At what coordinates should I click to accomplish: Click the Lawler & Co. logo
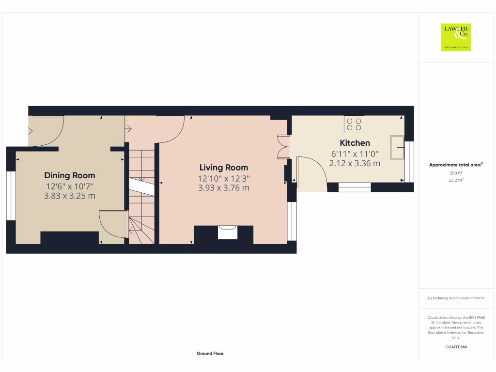456,37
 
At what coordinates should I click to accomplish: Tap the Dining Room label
70,175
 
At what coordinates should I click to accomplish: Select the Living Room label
224,168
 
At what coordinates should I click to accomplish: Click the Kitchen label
355,143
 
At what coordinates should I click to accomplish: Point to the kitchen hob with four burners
354,124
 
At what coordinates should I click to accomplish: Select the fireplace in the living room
227,232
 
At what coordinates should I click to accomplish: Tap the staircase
141,194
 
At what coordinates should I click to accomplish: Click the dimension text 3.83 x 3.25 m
70,196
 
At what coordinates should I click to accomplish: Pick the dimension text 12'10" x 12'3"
224,178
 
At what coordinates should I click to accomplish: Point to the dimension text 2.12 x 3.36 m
355,163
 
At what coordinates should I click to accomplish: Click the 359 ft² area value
456,172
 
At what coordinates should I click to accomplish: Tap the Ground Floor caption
210,354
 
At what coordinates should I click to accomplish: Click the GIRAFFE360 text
456,347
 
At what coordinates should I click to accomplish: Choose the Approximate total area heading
456,165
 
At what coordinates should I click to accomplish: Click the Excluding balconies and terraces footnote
456,298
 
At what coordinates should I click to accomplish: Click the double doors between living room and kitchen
282,147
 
